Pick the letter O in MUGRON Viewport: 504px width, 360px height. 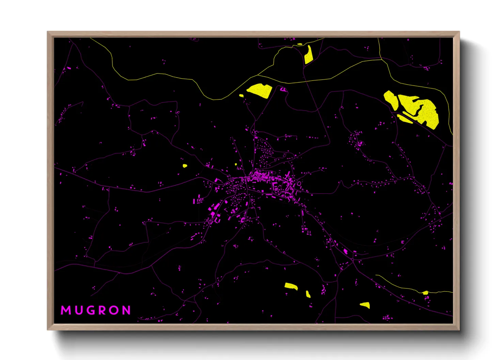(115, 310)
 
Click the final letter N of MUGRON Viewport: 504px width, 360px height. (127, 310)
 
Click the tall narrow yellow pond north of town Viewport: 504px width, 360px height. (309, 55)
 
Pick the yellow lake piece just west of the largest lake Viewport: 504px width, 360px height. (391, 99)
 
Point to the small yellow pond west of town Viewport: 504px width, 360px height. (185, 166)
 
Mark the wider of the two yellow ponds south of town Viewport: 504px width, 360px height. (291, 286)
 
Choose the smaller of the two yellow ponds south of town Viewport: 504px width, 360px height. (308, 294)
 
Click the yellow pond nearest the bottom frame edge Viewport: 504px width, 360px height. (365, 305)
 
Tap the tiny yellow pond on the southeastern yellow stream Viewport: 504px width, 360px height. (425, 293)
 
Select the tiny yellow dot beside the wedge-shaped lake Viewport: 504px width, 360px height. (241, 96)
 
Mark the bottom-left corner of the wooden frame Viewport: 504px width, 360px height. (48, 329)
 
